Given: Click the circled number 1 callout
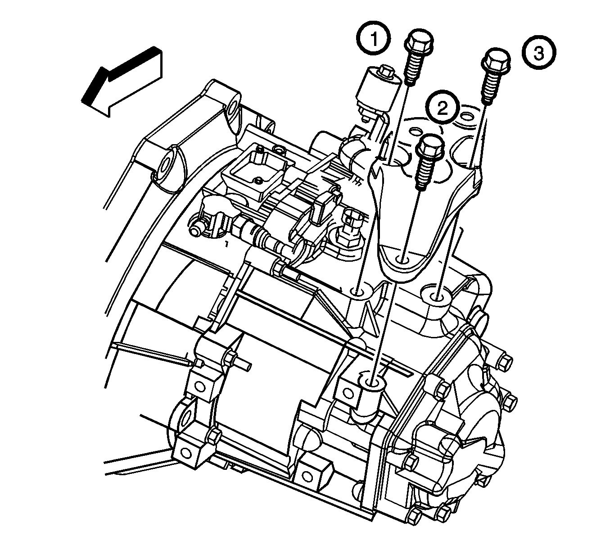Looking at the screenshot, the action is click(x=374, y=38).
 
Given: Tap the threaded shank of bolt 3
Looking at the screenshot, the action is click(x=490, y=89).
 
